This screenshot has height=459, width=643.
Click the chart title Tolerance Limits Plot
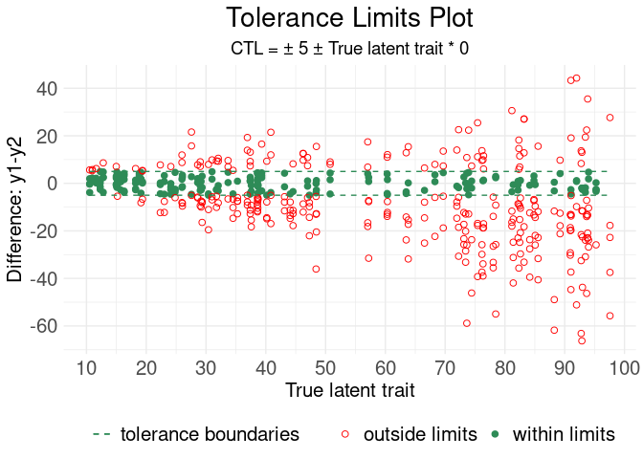tap(349, 18)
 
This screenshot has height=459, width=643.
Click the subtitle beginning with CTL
tap(349, 48)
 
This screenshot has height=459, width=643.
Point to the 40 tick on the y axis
tap(47, 88)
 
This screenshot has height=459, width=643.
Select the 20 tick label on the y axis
tap(47, 136)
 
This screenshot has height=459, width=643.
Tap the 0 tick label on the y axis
tap(53, 183)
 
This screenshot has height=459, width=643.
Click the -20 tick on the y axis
tap(43, 230)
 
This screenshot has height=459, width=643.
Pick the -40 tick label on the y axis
tap(43, 278)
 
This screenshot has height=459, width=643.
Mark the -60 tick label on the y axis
tap(43, 326)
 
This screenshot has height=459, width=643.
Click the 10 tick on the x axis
tap(86, 368)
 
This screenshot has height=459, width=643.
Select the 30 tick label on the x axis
tap(206, 368)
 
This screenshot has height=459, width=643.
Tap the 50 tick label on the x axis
tap(325, 368)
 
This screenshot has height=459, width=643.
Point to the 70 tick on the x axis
tap(445, 368)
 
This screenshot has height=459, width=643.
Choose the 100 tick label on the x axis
tap(625, 368)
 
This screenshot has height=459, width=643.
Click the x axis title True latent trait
tap(349, 390)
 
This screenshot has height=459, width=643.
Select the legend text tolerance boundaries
tap(210, 434)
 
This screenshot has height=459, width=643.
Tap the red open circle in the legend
tap(345, 434)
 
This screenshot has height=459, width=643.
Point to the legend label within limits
tap(564, 434)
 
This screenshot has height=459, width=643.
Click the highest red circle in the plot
tap(576, 78)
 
